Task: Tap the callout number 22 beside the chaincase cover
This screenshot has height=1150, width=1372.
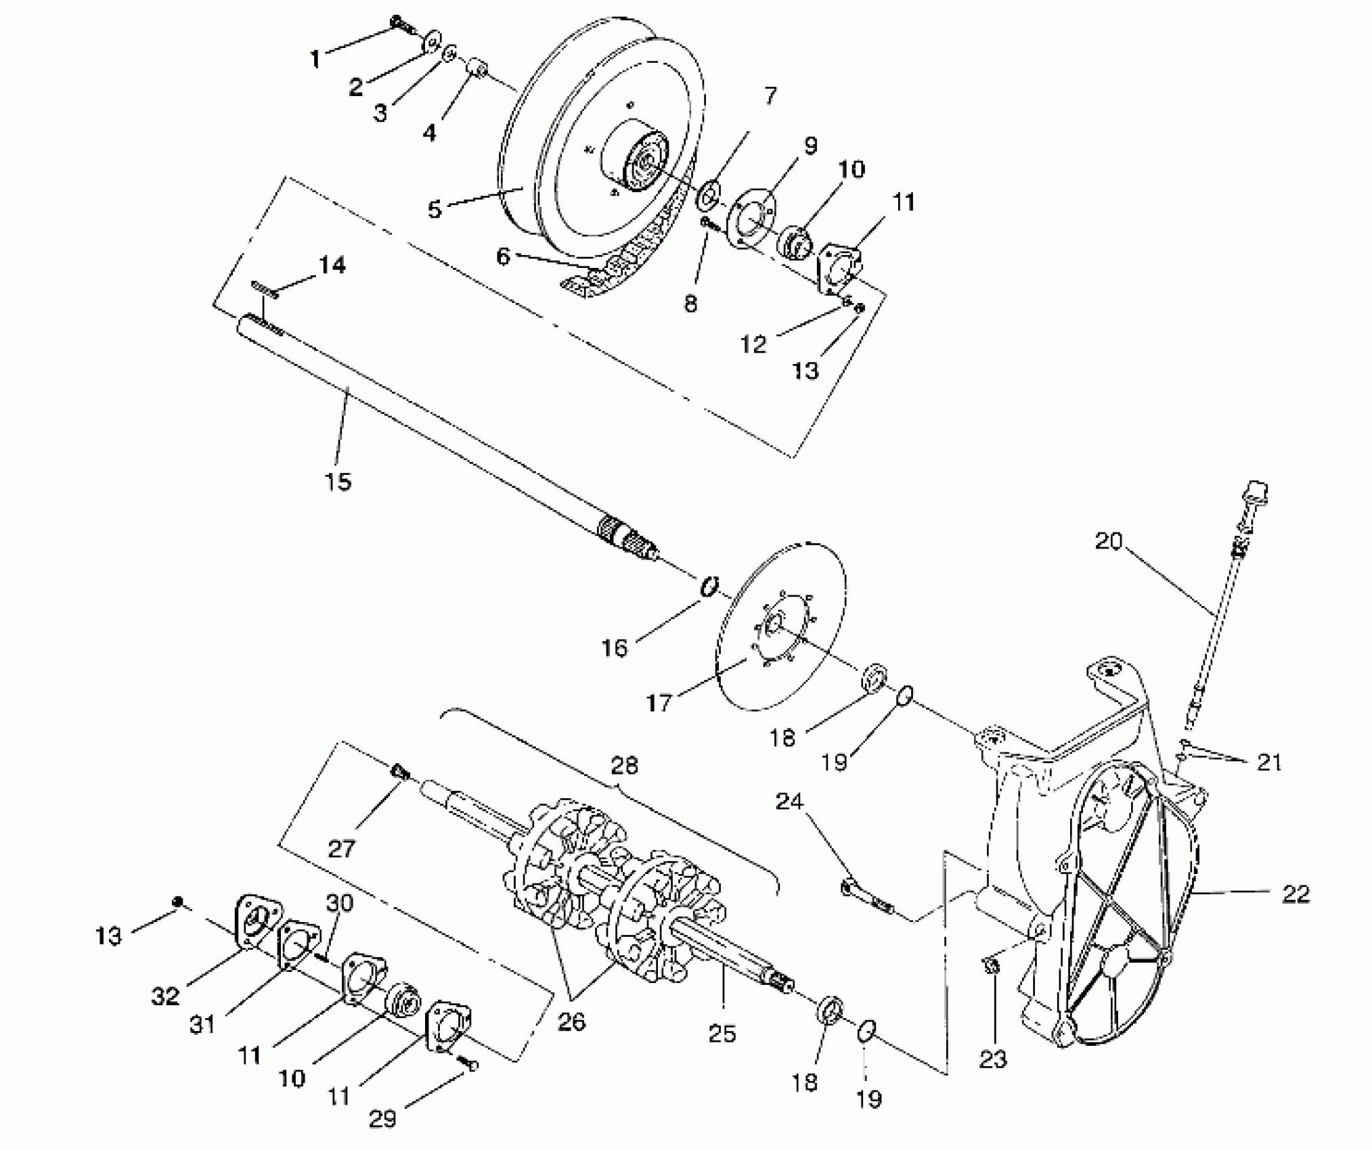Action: [x=1296, y=894]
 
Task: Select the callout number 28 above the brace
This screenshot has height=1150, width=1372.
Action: [x=624, y=765]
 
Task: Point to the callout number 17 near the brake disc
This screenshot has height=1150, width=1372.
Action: [x=659, y=703]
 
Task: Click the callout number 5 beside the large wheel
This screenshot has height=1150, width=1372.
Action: [x=435, y=208]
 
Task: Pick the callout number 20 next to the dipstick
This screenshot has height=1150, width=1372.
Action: [x=1108, y=541]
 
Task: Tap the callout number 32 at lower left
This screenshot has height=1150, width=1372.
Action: [x=166, y=996]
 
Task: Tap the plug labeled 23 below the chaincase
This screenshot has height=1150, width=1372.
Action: [x=990, y=966]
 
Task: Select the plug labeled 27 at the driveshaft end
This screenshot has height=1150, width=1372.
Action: [x=401, y=771]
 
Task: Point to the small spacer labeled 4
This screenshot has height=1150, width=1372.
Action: [x=478, y=70]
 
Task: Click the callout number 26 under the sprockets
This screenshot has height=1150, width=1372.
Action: [x=571, y=1021]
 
